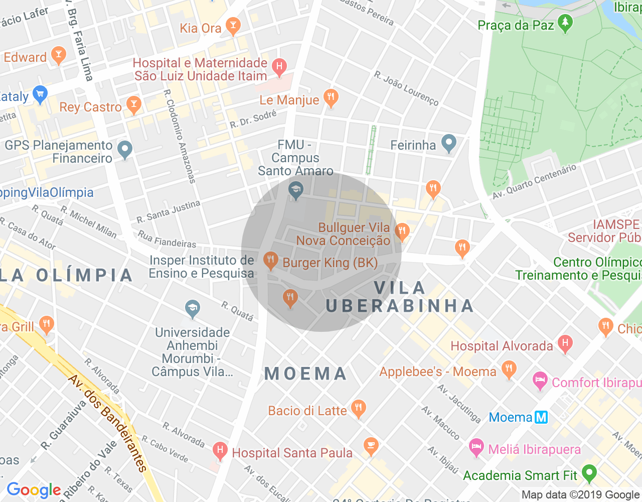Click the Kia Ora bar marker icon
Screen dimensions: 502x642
233,26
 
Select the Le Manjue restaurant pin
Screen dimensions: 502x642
331,98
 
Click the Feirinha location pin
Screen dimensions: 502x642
449,144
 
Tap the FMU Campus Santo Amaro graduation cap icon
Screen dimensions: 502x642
296,190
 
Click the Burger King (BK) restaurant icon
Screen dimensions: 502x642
271,261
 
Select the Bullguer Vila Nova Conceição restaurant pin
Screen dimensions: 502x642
402,231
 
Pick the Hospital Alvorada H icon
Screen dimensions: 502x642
565,344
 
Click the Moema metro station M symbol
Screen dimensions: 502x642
541,417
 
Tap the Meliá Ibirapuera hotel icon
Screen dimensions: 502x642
476,447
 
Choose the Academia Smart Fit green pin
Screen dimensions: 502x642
589,473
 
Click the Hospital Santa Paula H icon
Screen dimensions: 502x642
220,450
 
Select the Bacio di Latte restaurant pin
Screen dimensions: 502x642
358,409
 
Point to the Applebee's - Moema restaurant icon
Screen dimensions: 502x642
509,370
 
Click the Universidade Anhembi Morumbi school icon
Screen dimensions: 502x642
192,309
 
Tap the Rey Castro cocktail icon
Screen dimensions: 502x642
133,105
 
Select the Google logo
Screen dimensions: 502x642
34,490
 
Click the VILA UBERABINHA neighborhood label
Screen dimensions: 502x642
400,297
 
